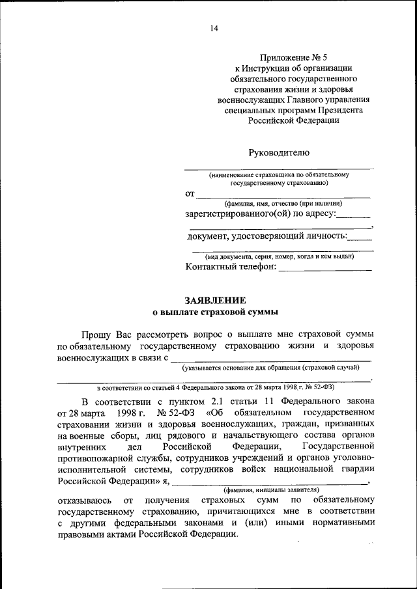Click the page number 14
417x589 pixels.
point(214,28)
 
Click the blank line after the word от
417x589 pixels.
point(283,196)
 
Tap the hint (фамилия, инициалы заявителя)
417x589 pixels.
point(270,489)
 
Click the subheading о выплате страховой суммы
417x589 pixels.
point(215,312)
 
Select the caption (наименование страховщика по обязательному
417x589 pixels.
point(280,175)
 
